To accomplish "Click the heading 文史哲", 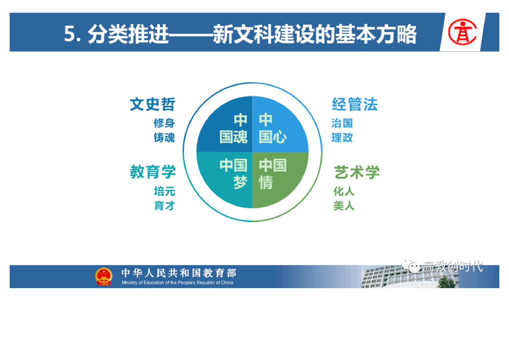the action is tap(152, 104).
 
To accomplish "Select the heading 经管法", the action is tap(354, 104).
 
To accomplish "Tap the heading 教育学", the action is tap(152, 172).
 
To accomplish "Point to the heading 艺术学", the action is tap(357, 172).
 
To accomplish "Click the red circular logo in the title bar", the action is tap(462, 32).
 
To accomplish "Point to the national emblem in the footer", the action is tap(103, 276).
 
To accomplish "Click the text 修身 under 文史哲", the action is tap(164, 123).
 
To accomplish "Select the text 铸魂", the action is tap(164, 138).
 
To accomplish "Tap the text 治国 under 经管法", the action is tap(342, 123).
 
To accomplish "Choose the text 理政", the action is tap(342, 138).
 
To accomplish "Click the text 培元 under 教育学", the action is tap(165, 191).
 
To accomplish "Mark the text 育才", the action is tap(165, 206).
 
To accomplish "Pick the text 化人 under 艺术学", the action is tap(344, 191).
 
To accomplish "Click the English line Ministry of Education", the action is tap(177, 283).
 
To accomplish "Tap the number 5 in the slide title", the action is tap(69, 34).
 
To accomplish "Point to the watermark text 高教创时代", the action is tap(452, 266).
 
